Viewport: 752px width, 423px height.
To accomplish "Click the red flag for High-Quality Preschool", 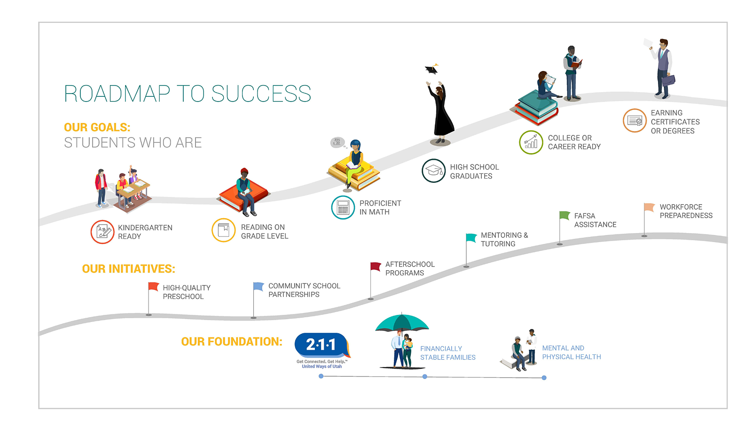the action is [153, 286].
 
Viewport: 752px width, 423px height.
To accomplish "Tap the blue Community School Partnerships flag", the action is [258, 286].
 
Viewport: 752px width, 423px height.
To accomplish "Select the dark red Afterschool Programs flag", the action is [376, 266].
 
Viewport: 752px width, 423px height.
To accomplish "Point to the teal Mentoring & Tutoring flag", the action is [471, 237].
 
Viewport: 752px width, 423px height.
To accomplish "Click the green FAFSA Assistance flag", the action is [564, 215].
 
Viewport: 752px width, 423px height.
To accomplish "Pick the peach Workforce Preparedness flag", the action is [649, 207].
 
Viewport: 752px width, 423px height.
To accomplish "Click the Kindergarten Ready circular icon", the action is [102, 232].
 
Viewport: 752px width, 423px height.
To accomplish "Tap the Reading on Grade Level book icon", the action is [224, 230].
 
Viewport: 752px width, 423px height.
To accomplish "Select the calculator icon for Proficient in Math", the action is [343, 207].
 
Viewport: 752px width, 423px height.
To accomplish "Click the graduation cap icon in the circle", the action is [433, 171].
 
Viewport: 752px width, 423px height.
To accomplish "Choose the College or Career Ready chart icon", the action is [531, 142].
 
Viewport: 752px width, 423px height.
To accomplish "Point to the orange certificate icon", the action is [634, 120].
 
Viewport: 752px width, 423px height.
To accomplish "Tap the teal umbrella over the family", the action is [402, 322].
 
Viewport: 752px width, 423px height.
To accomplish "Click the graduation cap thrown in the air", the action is [432, 69].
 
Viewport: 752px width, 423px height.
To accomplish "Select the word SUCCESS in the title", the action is [261, 94].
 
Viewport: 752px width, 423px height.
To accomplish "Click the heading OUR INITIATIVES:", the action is [129, 269].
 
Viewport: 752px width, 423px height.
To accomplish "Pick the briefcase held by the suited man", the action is [668, 80].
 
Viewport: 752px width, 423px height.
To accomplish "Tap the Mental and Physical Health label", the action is [572, 352].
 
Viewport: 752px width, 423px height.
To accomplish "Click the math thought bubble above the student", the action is [337, 142].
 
